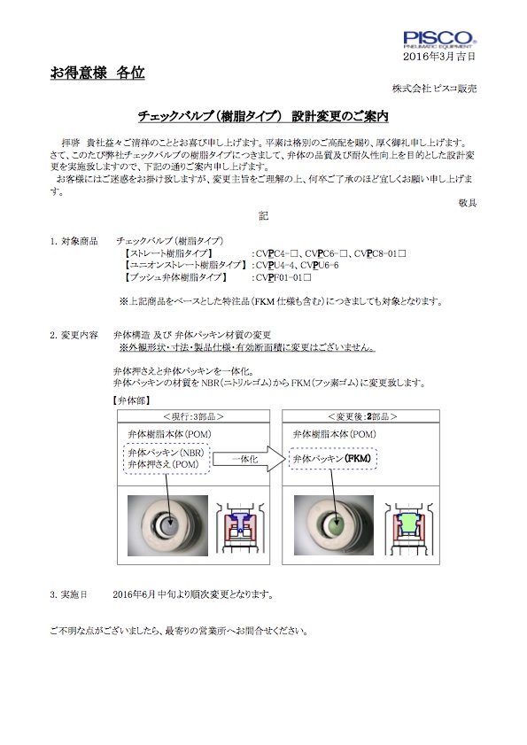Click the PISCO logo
point(439,40)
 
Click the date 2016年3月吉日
point(439,57)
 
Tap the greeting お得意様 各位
point(97,73)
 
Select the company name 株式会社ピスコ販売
point(434,89)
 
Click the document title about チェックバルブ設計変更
point(263,116)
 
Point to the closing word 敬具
point(468,203)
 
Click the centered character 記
point(263,216)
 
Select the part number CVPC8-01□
point(380,253)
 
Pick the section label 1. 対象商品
point(74,241)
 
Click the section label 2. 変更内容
point(74,335)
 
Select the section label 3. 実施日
point(69,594)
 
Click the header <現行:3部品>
point(193,416)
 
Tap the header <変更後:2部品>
point(362,416)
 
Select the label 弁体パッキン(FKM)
point(332,459)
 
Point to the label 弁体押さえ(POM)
point(164,464)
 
